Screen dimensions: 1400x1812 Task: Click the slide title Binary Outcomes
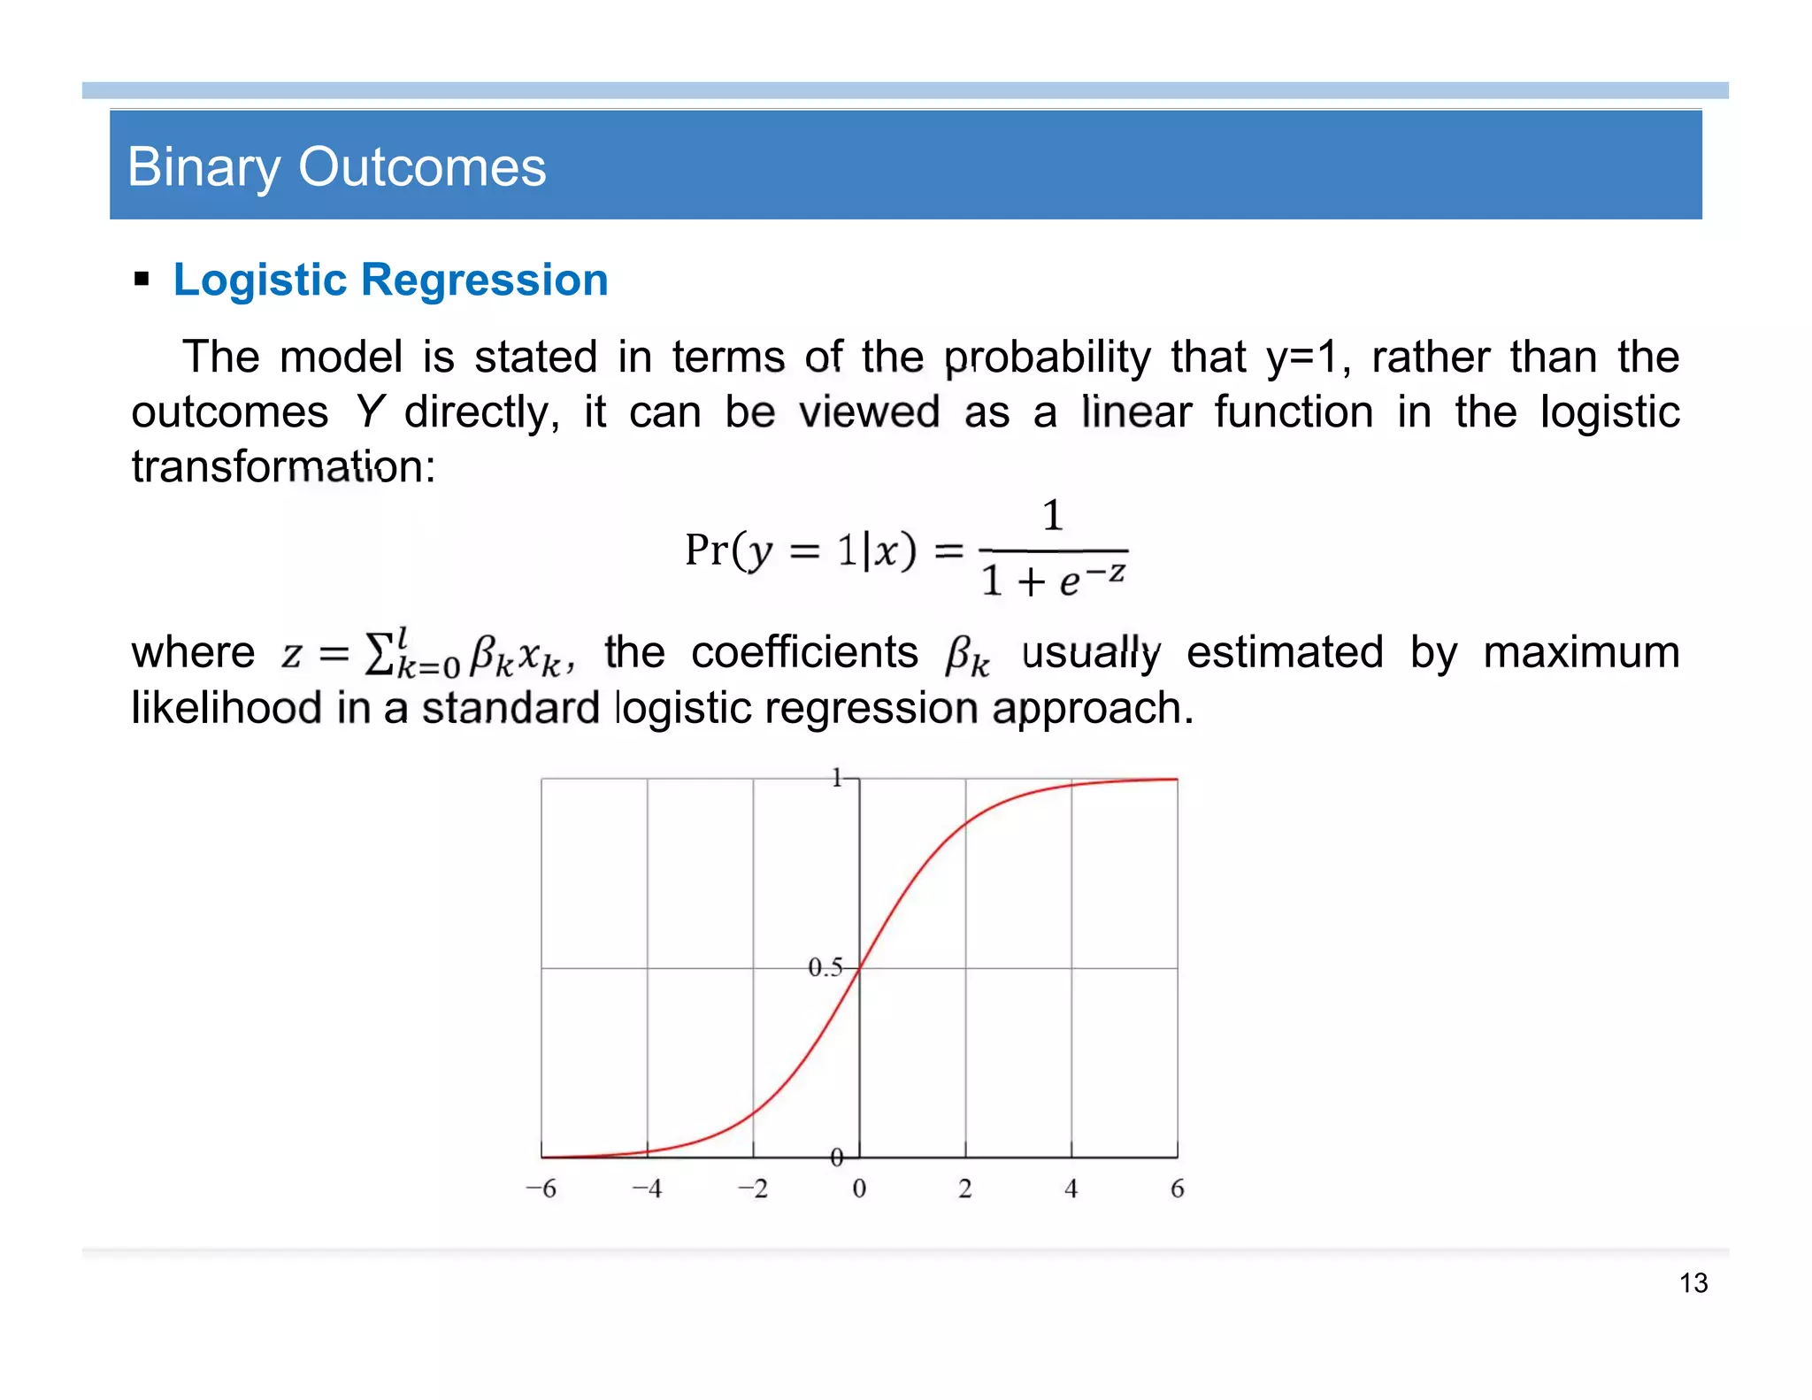pyautogui.click(x=336, y=167)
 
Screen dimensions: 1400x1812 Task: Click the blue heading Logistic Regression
pyautogui.click(x=390, y=280)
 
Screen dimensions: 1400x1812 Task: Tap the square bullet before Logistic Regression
pyautogui.click(x=142, y=281)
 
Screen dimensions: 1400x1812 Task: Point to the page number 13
pyautogui.click(x=1693, y=1282)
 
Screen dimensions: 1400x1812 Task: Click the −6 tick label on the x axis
pyautogui.click(x=541, y=1188)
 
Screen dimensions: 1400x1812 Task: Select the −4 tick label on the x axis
pyautogui.click(x=647, y=1188)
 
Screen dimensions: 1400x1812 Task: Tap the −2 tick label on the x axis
pyautogui.click(x=753, y=1188)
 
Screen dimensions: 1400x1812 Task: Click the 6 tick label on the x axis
pyautogui.click(x=1177, y=1188)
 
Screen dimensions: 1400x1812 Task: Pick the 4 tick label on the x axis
pyautogui.click(x=1071, y=1188)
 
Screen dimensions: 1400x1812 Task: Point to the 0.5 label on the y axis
pyautogui.click(x=825, y=967)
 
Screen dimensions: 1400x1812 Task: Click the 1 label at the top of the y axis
pyautogui.click(x=836, y=778)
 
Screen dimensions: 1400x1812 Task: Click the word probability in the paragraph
pyautogui.click(x=1047, y=358)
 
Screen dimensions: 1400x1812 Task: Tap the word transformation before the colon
pyautogui.click(x=276, y=466)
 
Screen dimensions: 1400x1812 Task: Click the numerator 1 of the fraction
pyautogui.click(x=1052, y=515)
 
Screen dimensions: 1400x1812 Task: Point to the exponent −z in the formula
pyautogui.click(x=1106, y=573)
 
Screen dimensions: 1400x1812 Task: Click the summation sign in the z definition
pyautogui.click(x=379, y=653)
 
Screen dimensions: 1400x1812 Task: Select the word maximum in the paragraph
pyautogui.click(x=1581, y=653)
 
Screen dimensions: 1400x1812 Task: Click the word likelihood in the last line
pyautogui.click(x=226, y=708)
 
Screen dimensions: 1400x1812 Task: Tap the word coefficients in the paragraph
pyautogui.click(x=804, y=653)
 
